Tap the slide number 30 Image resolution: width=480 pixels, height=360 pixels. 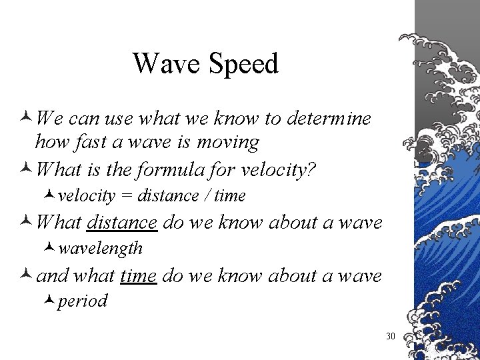click(x=391, y=336)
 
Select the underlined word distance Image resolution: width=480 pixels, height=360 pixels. click(x=122, y=223)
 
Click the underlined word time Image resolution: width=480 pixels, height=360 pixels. click(x=139, y=275)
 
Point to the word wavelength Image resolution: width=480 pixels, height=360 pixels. click(x=100, y=249)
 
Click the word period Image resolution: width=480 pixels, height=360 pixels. click(x=83, y=301)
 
